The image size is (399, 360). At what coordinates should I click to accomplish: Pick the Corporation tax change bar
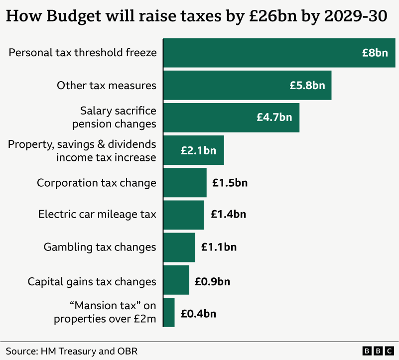coord(184,183)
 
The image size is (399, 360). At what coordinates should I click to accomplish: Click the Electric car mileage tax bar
coord(183,215)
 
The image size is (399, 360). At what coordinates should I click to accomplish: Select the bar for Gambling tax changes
coord(179,247)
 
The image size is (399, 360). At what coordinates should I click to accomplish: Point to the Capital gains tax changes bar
coord(176,280)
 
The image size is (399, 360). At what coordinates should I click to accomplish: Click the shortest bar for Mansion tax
coord(169,312)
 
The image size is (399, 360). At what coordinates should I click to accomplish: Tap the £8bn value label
coord(375,53)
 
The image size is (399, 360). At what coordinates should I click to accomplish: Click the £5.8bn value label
coord(307,85)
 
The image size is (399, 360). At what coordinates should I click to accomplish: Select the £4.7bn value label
coord(274,118)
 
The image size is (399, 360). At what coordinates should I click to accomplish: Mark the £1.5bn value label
coord(230,183)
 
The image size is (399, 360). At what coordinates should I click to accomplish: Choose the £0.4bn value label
coord(198,314)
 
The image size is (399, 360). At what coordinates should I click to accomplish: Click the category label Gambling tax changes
coord(100,247)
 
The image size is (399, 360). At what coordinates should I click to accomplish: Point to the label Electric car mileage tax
coord(97,215)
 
